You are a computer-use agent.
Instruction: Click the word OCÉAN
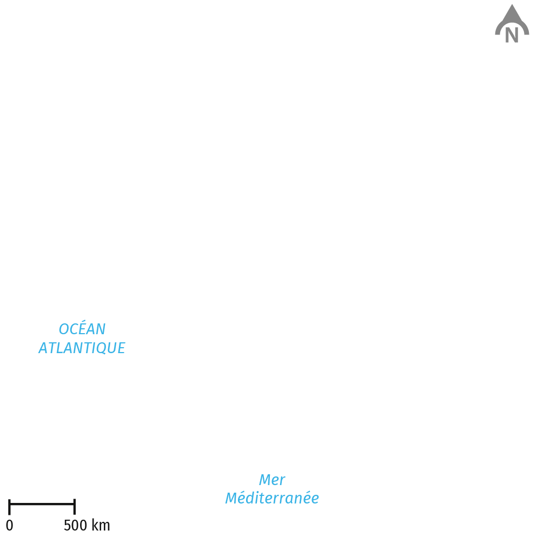pyautogui.click(x=82, y=328)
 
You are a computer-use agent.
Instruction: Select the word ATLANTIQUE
pyautogui.click(x=82, y=348)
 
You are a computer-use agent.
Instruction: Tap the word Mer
pyautogui.click(x=272, y=480)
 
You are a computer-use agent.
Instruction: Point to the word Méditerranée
pyautogui.click(x=272, y=498)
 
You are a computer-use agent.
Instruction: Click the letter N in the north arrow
pyautogui.click(x=512, y=35)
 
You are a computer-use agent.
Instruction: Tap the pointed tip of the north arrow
pyautogui.click(x=512, y=4)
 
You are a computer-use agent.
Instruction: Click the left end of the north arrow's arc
pyautogui.click(x=497, y=33)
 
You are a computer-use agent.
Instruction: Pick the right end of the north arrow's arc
pyautogui.click(x=527, y=33)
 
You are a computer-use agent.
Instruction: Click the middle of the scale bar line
pyautogui.click(x=42, y=504)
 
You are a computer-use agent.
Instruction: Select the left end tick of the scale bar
pyautogui.click(x=9, y=507)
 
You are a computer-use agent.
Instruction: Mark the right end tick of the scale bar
pyautogui.click(x=74, y=507)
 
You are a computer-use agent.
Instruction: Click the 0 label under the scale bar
pyautogui.click(x=10, y=525)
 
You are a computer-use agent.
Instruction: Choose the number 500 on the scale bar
pyautogui.click(x=75, y=525)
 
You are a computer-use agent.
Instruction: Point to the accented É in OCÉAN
pyautogui.click(x=79, y=328)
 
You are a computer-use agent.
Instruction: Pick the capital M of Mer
pyautogui.click(x=265, y=480)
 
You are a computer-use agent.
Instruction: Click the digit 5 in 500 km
pyautogui.click(x=68, y=525)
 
